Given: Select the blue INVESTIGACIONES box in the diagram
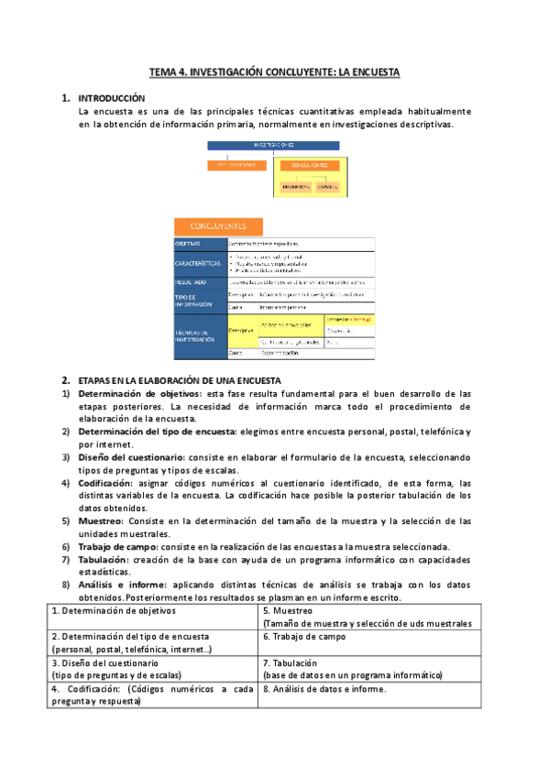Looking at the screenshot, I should (272, 145).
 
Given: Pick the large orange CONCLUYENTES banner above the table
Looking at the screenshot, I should (217, 225).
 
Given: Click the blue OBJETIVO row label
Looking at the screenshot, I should (200, 244).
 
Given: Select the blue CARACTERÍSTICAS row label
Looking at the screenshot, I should (200, 263).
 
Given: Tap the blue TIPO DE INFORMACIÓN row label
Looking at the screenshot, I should (200, 300).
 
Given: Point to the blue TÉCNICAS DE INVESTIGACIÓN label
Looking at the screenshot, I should (200, 335).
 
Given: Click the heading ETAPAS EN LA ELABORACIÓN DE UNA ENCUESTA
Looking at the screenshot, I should (181, 379).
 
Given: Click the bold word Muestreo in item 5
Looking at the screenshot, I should (100, 520).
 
